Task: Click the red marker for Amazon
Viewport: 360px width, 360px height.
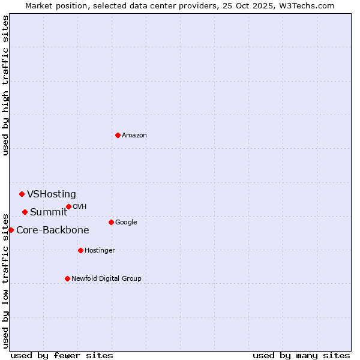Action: [118, 135]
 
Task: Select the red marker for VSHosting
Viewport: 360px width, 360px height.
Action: [22, 194]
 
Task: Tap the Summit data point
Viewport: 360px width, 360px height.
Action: [25, 212]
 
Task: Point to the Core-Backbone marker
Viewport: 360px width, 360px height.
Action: [11, 230]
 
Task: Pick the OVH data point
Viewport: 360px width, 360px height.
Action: [68, 206]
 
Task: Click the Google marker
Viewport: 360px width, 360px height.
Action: [111, 222]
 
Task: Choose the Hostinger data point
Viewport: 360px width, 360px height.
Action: [80, 250]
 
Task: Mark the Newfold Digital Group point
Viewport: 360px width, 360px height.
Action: [67, 278]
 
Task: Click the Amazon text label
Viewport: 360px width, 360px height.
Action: [134, 136]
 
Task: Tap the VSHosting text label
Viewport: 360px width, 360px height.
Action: [52, 194]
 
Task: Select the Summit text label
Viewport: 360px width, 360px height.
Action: [49, 212]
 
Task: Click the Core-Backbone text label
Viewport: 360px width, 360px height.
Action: [53, 230]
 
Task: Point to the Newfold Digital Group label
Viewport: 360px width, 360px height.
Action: [106, 279]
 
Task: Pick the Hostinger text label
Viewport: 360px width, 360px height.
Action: [100, 251]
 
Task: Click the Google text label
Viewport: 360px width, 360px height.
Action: [126, 223]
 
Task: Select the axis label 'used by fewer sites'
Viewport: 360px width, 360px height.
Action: [62, 356]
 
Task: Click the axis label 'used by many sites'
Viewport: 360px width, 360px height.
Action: [301, 356]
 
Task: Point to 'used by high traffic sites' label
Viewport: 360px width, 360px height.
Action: [6, 85]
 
